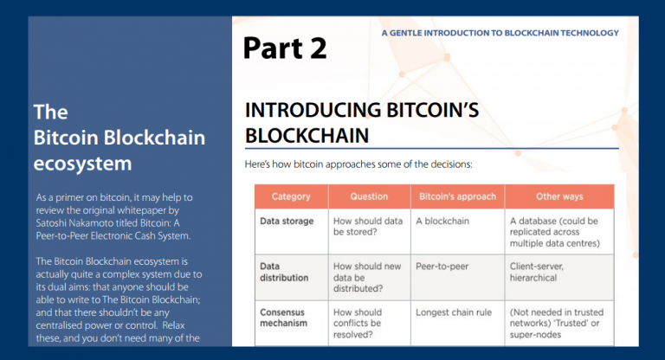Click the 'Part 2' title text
[284, 48]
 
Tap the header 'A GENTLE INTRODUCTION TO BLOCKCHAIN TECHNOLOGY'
[500, 33]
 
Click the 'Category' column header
[291, 196]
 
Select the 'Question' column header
[368, 196]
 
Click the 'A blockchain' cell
[442, 221]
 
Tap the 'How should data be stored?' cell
[367, 227]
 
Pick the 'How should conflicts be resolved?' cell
[359, 324]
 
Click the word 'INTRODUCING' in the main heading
[314, 111]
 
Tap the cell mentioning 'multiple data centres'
[558, 232]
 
